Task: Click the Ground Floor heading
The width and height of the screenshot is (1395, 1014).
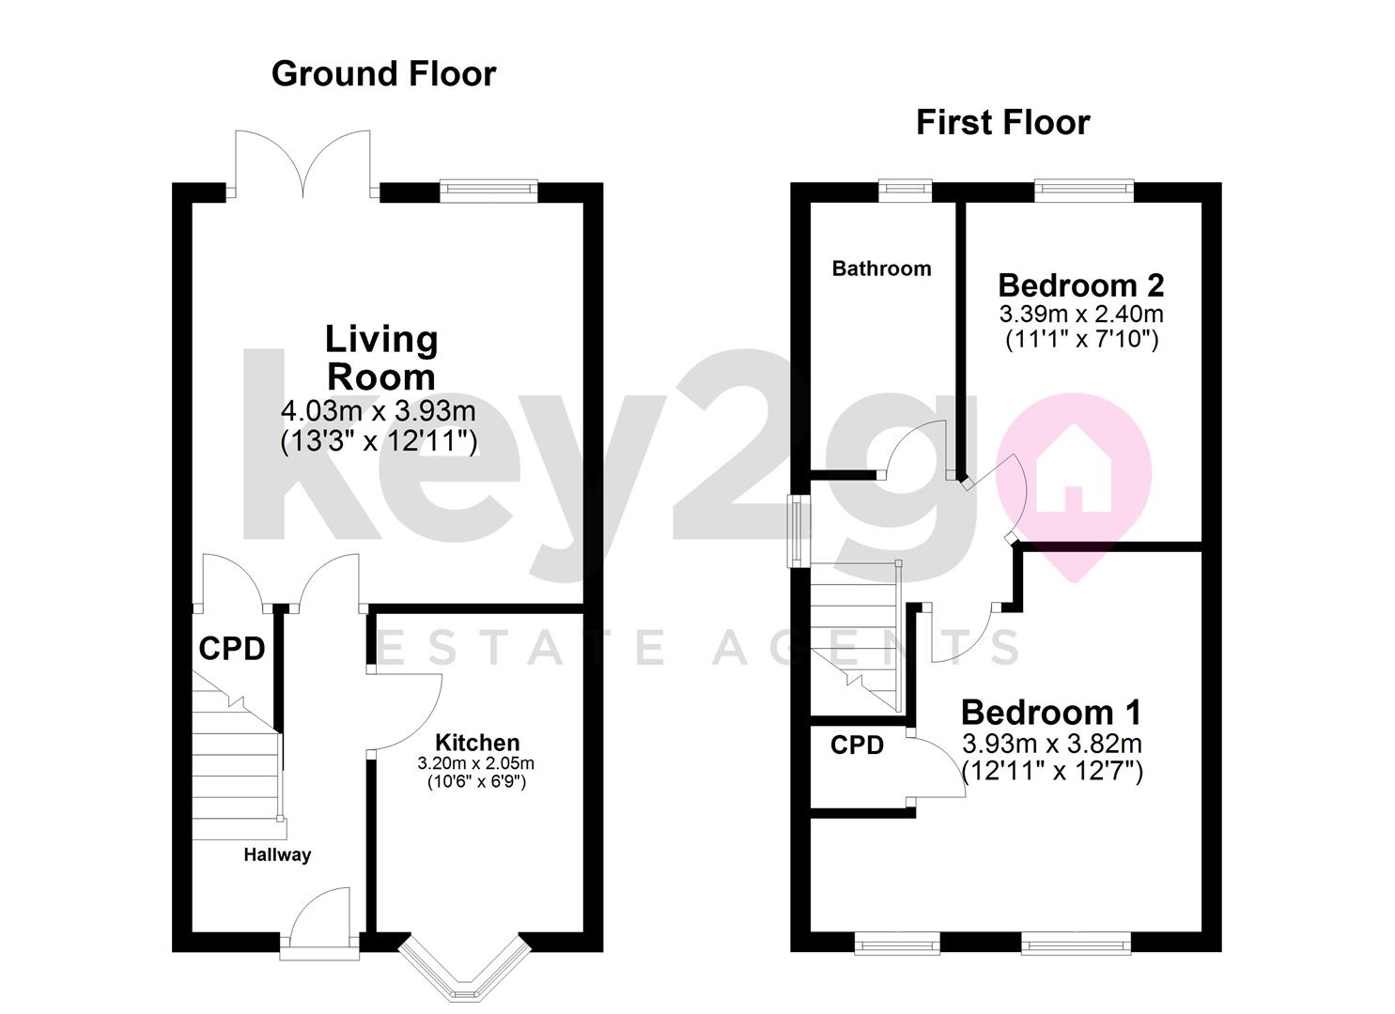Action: pyautogui.click(x=383, y=73)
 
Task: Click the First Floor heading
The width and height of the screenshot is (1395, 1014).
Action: pyautogui.click(x=1002, y=122)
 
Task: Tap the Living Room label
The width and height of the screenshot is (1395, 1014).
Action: pyautogui.click(x=380, y=358)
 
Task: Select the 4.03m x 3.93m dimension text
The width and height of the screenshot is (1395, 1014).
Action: pyautogui.click(x=379, y=411)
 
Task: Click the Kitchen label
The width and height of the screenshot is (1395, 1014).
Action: pyautogui.click(x=476, y=744)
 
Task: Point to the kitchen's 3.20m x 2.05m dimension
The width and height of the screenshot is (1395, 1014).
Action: pyautogui.click(x=475, y=763)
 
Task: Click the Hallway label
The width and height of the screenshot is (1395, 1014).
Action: pyautogui.click(x=277, y=854)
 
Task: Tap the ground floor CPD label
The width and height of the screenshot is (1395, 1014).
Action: pyautogui.click(x=231, y=649)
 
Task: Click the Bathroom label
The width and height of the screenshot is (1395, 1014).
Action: pyautogui.click(x=881, y=269)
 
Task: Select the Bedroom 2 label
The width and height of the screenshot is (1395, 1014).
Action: pyautogui.click(x=1080, y=284)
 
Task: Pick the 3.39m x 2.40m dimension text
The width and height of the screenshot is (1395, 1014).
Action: pyautogui.click(x=1080, y=313)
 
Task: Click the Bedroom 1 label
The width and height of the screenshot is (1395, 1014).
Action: pyautogui.click(x=1051, y=713)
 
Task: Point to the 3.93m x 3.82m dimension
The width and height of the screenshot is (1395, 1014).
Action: pyautogui.click(x=1052, y=745)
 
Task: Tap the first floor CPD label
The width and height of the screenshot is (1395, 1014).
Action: pyautogui.click(x=857, y=745)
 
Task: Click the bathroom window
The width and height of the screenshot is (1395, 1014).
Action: pyautogui.click(x=906, y=191)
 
